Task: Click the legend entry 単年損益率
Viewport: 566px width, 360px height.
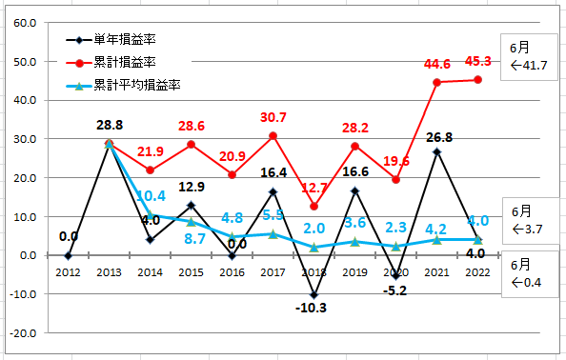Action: coord(111,40)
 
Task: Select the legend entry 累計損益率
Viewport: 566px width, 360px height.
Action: coord(111,63)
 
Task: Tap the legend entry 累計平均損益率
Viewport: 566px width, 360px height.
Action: coord(123,86)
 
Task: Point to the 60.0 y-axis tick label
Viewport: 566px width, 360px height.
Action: coord(25,23)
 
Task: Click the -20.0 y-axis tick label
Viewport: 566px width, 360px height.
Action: coord(23,333)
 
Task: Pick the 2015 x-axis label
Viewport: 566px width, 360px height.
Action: coord(191,272)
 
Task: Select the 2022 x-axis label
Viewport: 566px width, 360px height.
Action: coord(477,272)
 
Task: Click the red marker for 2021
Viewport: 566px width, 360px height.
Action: coord(436,83)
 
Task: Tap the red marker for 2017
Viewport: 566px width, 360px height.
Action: coord(273,136)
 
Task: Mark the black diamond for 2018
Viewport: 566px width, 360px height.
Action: coord(314,295)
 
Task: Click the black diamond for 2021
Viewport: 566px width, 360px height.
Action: coord(436,151)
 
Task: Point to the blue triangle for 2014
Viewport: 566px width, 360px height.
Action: coord(151,214)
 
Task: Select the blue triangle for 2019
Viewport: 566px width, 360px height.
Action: coord(354,242)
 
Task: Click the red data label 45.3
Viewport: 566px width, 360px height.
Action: coord(478,61)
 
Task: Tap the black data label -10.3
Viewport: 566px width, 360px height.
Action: coord(311,308)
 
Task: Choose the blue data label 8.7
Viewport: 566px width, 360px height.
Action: coord(195,239)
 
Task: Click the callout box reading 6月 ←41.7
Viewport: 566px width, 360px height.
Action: coord(529,57)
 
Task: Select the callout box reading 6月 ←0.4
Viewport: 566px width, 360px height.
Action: coord(530,273)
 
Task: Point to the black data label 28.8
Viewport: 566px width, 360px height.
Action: coord(110,125)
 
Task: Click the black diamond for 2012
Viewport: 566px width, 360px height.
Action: coord(69,256)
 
